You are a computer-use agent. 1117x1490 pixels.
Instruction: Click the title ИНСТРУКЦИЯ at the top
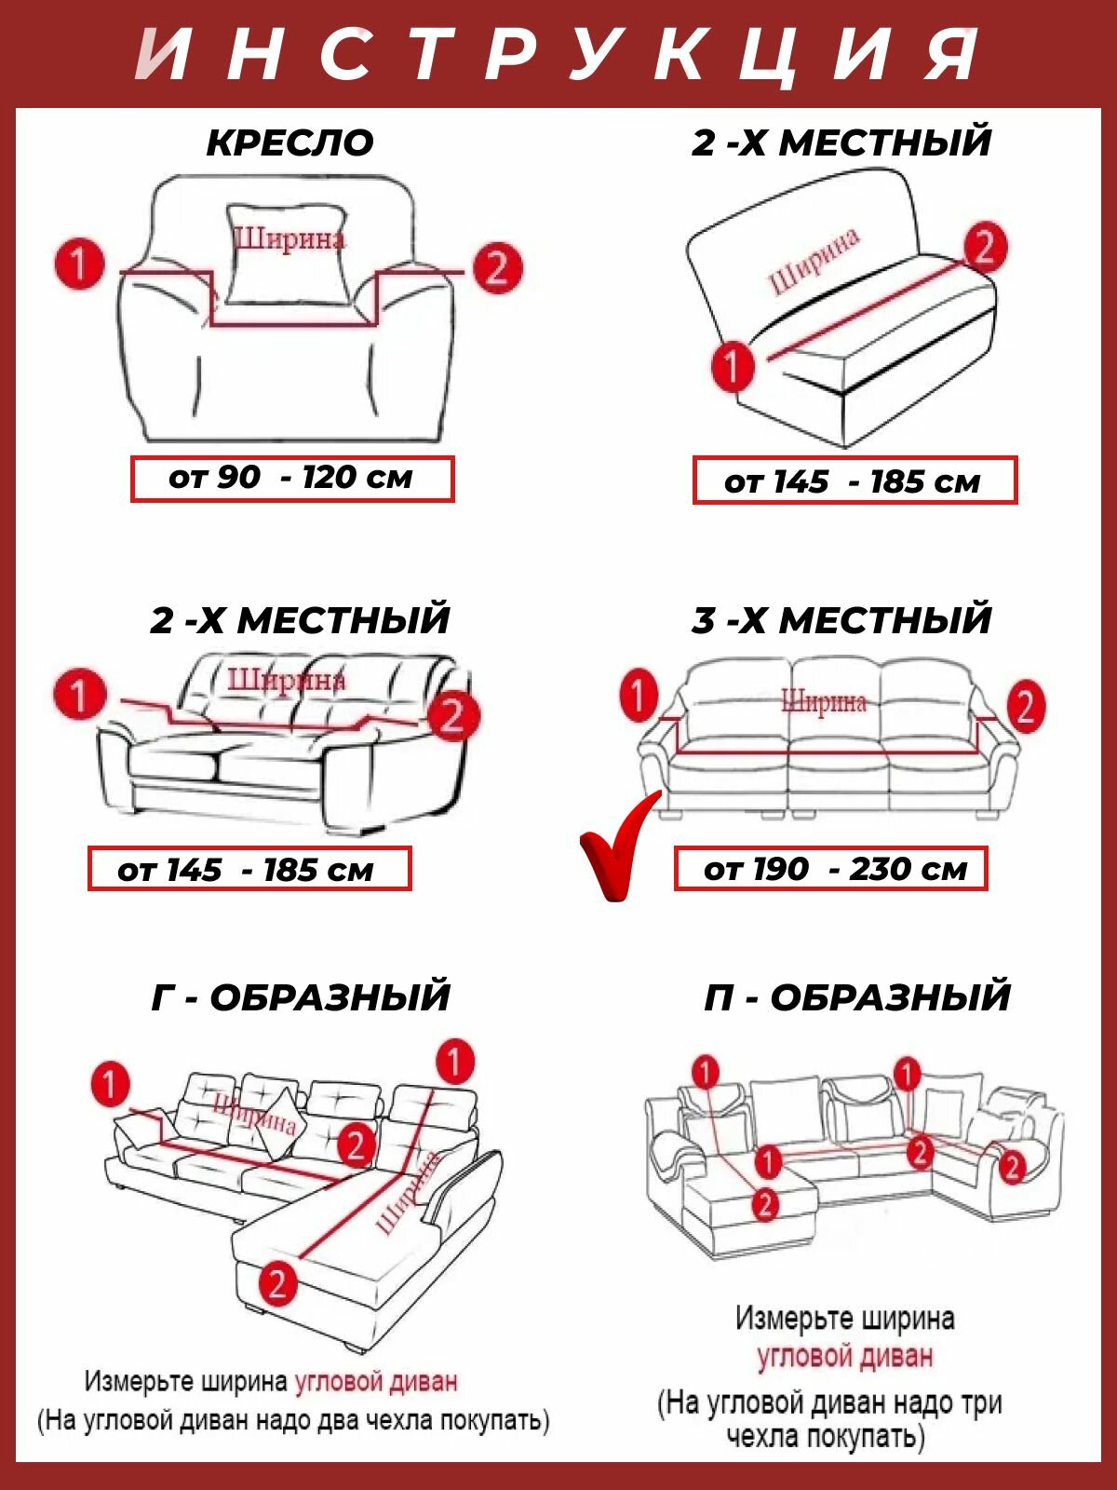click(558, 54)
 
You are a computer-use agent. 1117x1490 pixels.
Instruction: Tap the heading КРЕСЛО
click(289, 142)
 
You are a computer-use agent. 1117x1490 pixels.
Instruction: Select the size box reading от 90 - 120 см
click(291, 479)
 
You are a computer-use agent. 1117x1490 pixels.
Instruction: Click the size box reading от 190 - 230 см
click(830, 869)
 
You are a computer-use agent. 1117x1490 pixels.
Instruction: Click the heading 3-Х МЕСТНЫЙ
click(841, 620)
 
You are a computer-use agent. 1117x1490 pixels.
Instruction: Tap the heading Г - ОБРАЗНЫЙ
click(300, 996)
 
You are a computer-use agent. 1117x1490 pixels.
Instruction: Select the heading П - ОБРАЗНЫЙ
click(856, 996)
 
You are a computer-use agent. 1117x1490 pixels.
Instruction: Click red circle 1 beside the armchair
click(79, 264)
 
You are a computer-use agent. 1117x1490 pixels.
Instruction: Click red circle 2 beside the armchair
click(497, 268)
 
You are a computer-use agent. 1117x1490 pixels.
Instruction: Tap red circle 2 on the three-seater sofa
click(1025, 706)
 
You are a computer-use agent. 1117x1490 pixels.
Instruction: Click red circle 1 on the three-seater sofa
click(639, 695)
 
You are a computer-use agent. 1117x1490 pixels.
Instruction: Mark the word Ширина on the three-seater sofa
click(824, 700)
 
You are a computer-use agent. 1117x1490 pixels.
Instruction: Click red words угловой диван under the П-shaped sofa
click(844, 1356)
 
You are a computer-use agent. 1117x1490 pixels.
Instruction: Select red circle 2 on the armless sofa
click(985, 247)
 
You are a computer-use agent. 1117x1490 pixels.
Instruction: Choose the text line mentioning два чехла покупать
click(293, 1421)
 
